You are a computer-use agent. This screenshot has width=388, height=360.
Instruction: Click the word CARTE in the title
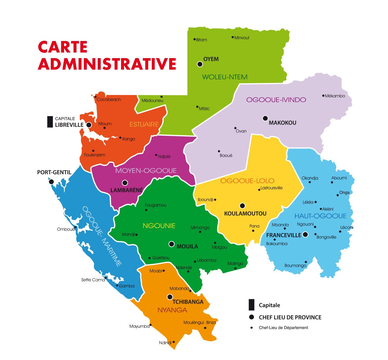pyautogui.click(x=63, y=47)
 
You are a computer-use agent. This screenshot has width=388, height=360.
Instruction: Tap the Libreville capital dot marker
pyautogui.click(x=89, y=125)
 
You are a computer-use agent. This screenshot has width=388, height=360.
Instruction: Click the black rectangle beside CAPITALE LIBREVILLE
pyautogui.click(x=50, y=122)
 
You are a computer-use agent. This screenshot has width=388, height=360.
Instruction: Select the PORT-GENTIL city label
pyautogui.click(x=54, y=172)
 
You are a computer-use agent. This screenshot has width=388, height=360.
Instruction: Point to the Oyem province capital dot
pyautogui.click(x=200, y=64)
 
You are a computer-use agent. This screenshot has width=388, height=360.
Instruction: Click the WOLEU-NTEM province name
pyautogui.click(x=225, y=77)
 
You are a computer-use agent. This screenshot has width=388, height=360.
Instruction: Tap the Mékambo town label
pyautogui.click(x=335, y=96)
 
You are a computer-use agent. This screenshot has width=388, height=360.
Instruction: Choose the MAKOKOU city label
pyautogui.click(x=282, y=123)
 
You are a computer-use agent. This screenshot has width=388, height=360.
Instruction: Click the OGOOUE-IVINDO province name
pyautogui.click(x=276, y=100)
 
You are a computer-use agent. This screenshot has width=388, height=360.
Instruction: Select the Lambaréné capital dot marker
pyautogui.click(x=125, y=183)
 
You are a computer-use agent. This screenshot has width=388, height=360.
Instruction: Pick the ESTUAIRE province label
pyautogui.click(x=144, y=125)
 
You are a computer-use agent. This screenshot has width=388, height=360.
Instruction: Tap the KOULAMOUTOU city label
pyautogui.click(x=245, y=213)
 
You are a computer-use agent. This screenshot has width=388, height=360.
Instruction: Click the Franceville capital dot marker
pyautogui.click(x=305, y=235)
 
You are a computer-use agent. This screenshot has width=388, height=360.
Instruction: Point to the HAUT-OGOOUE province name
pyautogui.click(x=320, y=216)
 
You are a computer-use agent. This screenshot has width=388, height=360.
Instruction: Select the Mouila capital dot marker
pyautogui.click(x=172, y=244)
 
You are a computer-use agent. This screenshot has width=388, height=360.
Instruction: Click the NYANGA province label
pyautogui.click(x=172, y=310)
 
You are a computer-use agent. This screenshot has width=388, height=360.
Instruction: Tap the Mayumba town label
pyautogui.click(x=139, y=326)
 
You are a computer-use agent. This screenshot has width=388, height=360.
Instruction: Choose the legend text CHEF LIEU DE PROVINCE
pyautogui.click(x=290, y=318)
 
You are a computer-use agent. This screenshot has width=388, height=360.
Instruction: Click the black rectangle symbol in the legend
pyautogui.click(x=251, y=305)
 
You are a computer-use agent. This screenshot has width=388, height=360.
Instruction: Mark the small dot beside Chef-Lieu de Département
pyautogui.click(x=252, y=328)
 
